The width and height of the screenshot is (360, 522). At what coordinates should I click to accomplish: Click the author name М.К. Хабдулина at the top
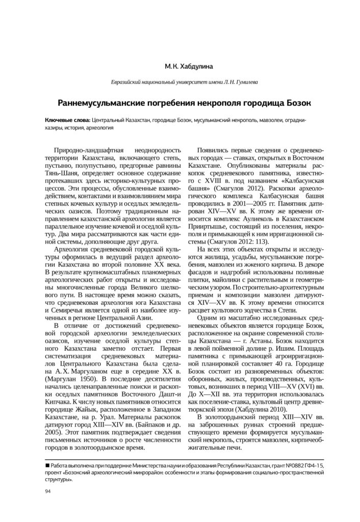[179, 66]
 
